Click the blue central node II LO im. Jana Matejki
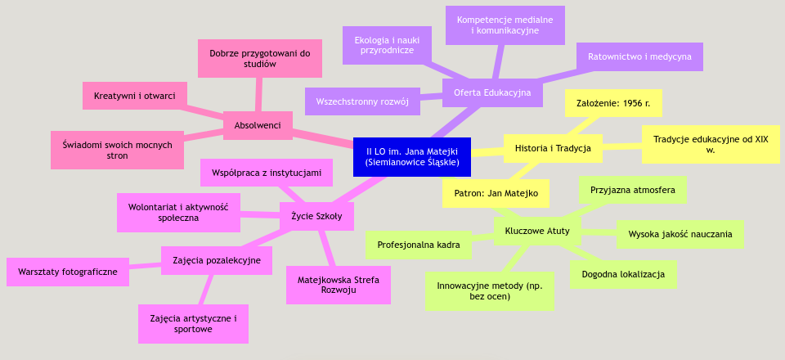412,156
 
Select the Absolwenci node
258,125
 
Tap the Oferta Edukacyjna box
492,92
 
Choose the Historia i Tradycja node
553,148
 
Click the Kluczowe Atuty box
537,231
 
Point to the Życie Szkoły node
316,216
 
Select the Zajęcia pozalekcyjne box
217,260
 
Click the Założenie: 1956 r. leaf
613,103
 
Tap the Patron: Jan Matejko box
496,194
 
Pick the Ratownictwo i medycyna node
639,56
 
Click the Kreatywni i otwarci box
135,96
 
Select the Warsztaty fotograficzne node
68,272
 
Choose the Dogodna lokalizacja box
623,274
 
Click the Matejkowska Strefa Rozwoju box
339,285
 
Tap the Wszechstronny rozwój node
362,101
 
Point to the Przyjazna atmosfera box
632,190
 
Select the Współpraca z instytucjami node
267,173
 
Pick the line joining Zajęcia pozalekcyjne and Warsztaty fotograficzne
145,265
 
